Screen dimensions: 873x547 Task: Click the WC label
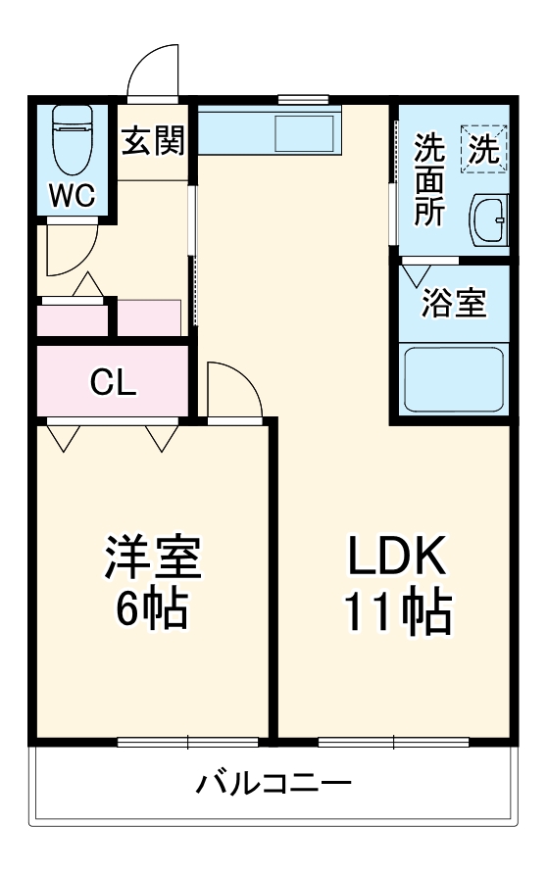pos(72,196)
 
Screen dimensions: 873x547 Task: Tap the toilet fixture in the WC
pos(72,137)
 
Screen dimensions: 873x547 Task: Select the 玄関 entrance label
pos(153,143)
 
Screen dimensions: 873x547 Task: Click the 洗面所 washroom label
pos(428,179)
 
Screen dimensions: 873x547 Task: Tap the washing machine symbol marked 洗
pos(486,148)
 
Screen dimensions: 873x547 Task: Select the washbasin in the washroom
pos(489,221)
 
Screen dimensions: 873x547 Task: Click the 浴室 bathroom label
pos(454,303)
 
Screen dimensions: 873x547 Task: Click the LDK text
pos(397,559)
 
